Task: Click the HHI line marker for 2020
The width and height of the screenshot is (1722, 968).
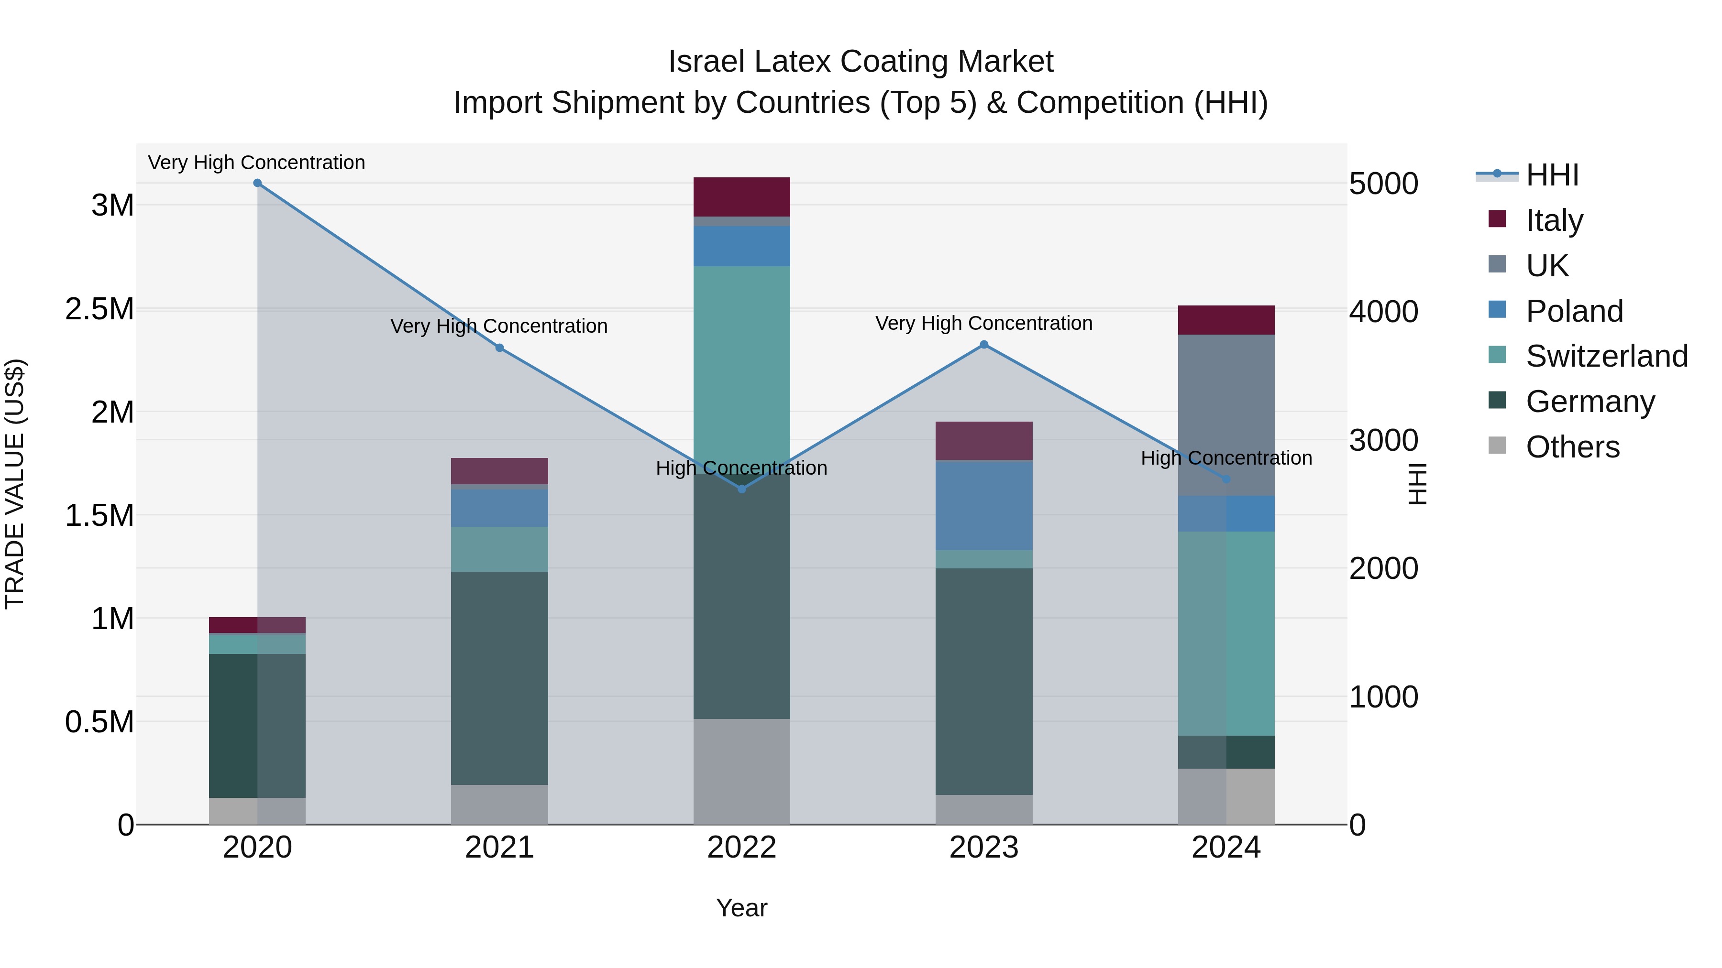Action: pyautogui.click(x=257, y=183)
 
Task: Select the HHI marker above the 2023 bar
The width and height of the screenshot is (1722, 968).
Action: pyautogui.click(x=984, y=345)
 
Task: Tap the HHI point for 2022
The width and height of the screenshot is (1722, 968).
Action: pyautogui.click(x=741, y=489)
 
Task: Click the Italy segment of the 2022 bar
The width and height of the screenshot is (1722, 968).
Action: pyautogui.click(x=741, y=196)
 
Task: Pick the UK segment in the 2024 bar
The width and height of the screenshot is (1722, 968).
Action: pyautogui.click(x=1226, y=414)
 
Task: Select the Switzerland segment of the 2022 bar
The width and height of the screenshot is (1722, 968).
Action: pyautogui.click(x=741, y=361)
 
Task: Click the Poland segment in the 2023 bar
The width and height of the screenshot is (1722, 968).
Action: pyautogui.click(x=984, y=505)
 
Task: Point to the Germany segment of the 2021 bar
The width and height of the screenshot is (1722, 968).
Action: pyautogui.click(x=499, y=678)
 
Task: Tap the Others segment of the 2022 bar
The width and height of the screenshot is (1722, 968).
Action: pyautogui.click(x=741, y=772)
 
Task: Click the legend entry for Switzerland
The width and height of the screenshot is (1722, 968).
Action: pyautogui.click(x=1606, y=356)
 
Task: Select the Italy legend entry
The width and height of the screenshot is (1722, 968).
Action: pyautogui.click(x=1554, y=220)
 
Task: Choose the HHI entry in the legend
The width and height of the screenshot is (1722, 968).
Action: pyautogui.click(x=1552, y=175)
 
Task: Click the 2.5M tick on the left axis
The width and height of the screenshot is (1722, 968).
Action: pyautogui.click(x=99, y=309)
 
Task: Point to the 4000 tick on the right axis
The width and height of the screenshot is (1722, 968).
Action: pyautogui.click(x=1383, y=312)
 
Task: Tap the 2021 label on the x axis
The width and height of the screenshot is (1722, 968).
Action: pyautogui.click(x=499, y=848)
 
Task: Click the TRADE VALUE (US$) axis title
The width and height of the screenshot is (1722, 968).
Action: pyautogui.click(x=15, y=484)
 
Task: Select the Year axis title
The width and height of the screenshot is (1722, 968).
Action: pyautogui.click(x=741, y=908)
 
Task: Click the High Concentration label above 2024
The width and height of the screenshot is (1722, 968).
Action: pyautogui.click(x=1226, y=458)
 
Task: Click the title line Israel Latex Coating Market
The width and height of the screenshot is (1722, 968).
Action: pyautogui.click(x=861, y=62)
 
